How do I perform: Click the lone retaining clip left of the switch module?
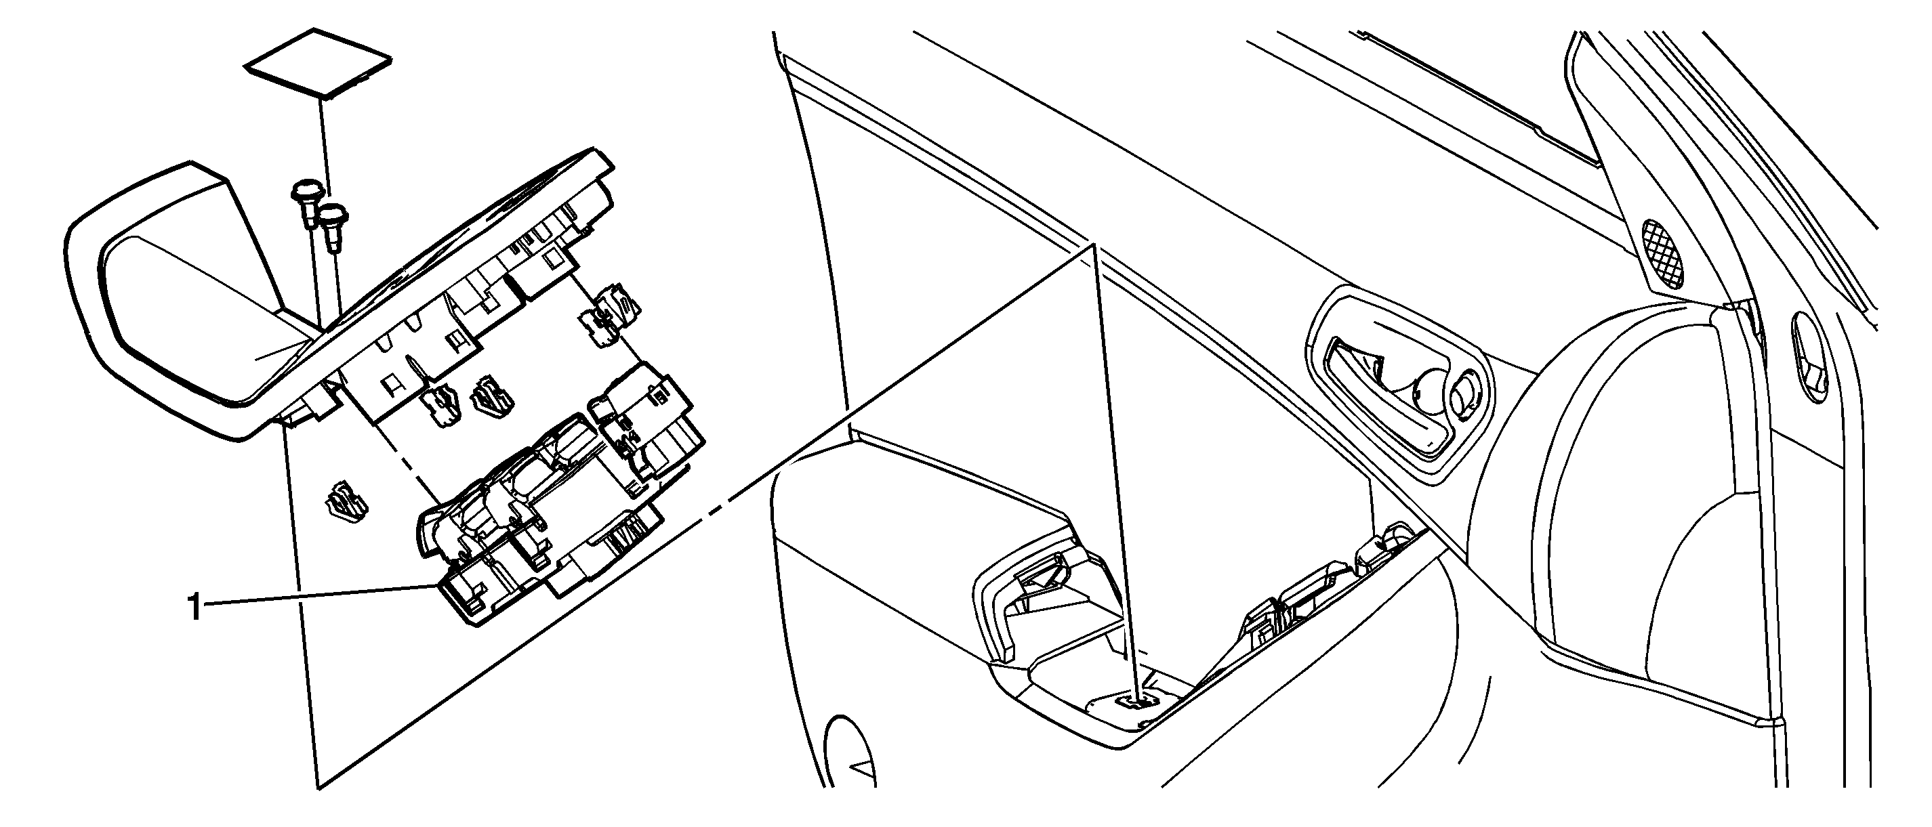[346, 501]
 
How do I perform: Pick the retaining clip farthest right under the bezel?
[609, 314]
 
